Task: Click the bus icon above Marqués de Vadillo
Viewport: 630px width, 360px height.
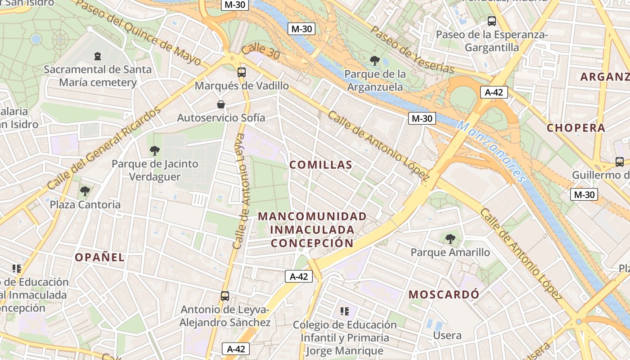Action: coord(242,72)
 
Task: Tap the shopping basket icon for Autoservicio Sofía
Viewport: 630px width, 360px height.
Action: coord(221,104)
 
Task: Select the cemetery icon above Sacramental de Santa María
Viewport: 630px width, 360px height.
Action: coord(98,56)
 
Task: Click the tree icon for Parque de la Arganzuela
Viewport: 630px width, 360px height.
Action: coord(374,60)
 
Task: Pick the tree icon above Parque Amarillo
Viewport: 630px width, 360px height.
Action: coord(450,239)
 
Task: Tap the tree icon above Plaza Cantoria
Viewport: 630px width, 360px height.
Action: coord(85,191)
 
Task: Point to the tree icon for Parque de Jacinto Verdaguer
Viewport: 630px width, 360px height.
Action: coord(155,151)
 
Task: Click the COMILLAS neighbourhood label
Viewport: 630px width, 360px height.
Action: coord(321,165)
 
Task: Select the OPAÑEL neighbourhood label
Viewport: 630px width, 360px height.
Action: coord(99,257)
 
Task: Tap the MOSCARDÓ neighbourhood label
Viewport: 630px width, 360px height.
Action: coord(444,295)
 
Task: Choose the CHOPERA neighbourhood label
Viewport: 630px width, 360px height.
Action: coord(576,128)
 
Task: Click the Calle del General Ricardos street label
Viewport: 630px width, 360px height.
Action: coord(104,148)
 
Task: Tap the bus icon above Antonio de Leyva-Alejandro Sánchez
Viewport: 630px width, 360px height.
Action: coord(225,296)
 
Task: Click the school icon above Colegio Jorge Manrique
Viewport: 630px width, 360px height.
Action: coord(345,311)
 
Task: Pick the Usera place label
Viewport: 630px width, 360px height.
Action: coord(447,335)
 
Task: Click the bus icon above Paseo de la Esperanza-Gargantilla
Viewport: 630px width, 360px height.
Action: coord(492,21)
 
